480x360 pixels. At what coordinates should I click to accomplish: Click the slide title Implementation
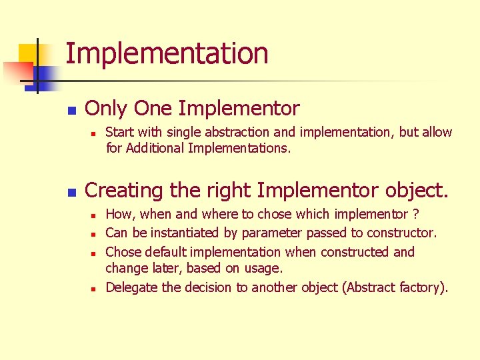(x=167, y=53)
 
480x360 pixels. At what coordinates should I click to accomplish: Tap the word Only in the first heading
(x=107, y=108)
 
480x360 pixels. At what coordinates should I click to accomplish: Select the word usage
(x=265, y=268)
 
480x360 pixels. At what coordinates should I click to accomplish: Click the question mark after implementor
(x=416, y=214)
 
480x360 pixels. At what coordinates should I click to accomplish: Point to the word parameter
(x=271, y=233)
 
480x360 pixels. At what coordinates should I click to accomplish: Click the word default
(x=164, y=252)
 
